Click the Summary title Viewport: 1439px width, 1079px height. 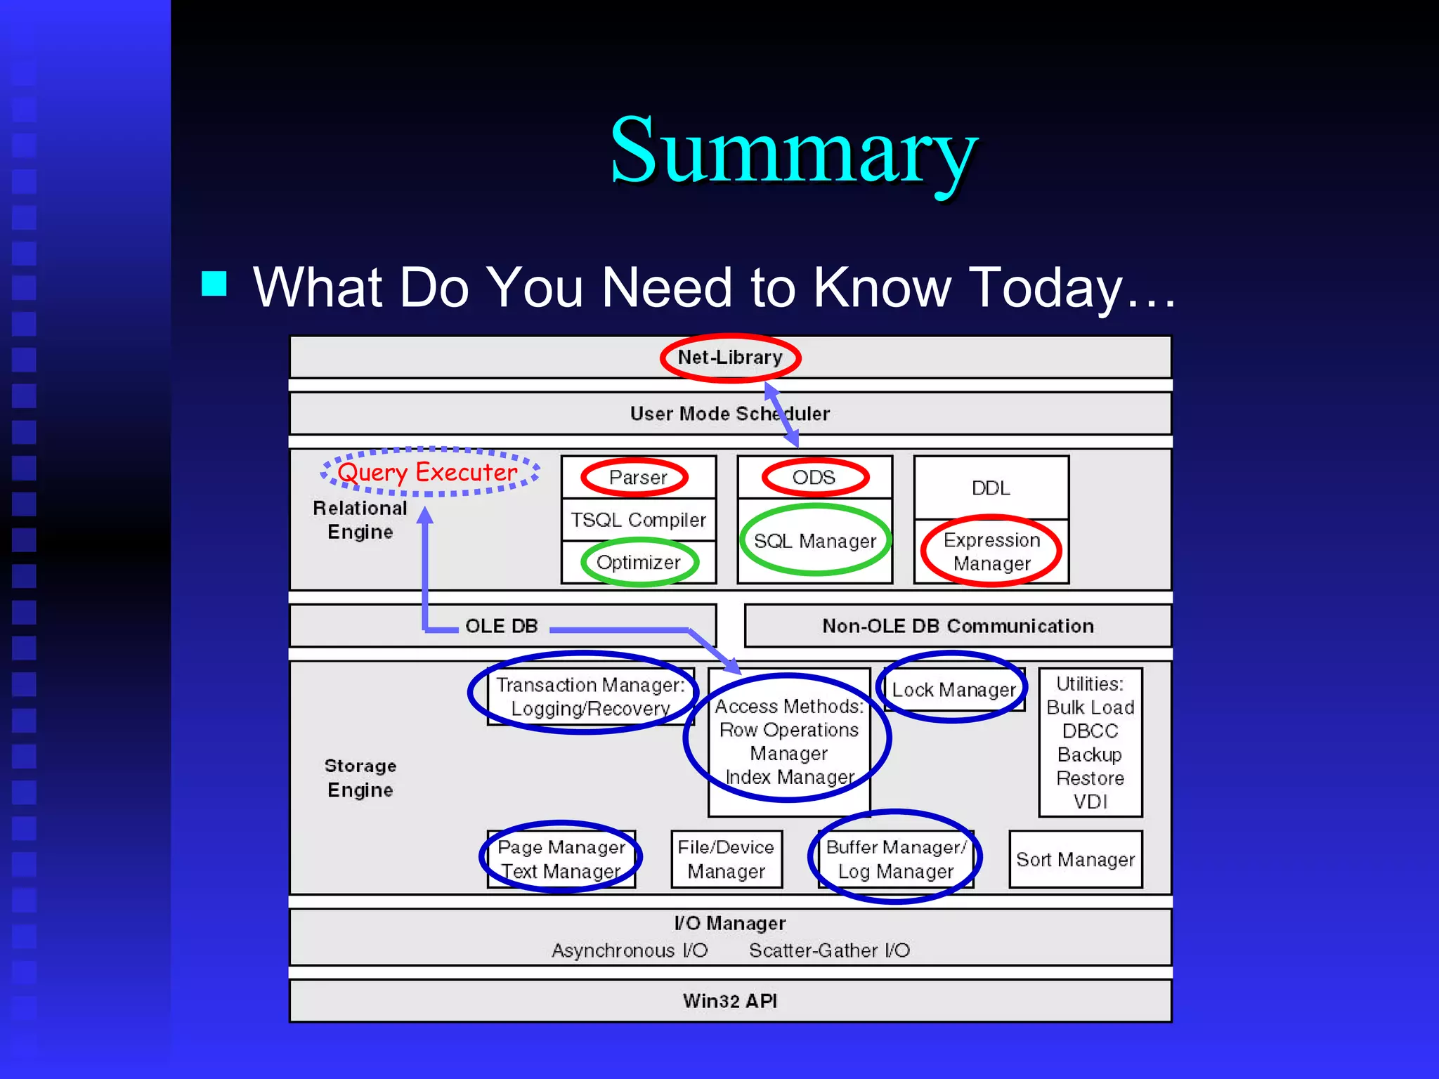[793, 151]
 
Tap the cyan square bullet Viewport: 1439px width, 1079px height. [214, 284]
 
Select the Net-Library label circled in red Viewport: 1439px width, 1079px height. [730, 358]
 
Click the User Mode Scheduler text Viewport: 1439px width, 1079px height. [729, 414]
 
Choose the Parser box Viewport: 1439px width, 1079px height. [638, 478]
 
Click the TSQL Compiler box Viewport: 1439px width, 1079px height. [638, 520]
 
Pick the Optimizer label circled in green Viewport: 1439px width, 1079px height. [638, 562]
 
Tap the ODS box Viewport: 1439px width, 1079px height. [814, 478]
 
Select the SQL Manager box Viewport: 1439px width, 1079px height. [815, 541]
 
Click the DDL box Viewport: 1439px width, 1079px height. [991, 488]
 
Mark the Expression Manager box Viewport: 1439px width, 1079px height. [991, 551]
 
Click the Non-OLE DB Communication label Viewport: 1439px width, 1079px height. [958, 626]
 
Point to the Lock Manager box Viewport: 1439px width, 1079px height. [953, 690]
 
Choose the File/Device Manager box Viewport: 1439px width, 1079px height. [726, 859]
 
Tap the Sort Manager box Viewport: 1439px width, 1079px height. [1075, 859]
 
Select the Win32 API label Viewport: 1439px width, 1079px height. [730, 1001]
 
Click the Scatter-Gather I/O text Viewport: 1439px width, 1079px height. [829, 950]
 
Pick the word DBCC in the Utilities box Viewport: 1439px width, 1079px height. [1090, 731]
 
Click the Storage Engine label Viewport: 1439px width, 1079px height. [360, 778]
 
